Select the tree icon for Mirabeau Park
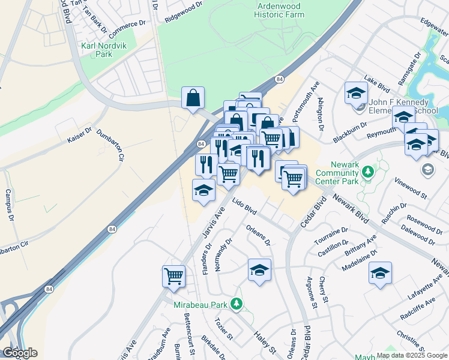click(x=238, y=305)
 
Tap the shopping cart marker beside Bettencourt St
click(x=173, y=276)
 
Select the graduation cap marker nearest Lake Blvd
click(x=356, y=92)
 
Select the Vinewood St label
click(x=410, y=188)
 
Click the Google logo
click(x=20, y=353)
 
